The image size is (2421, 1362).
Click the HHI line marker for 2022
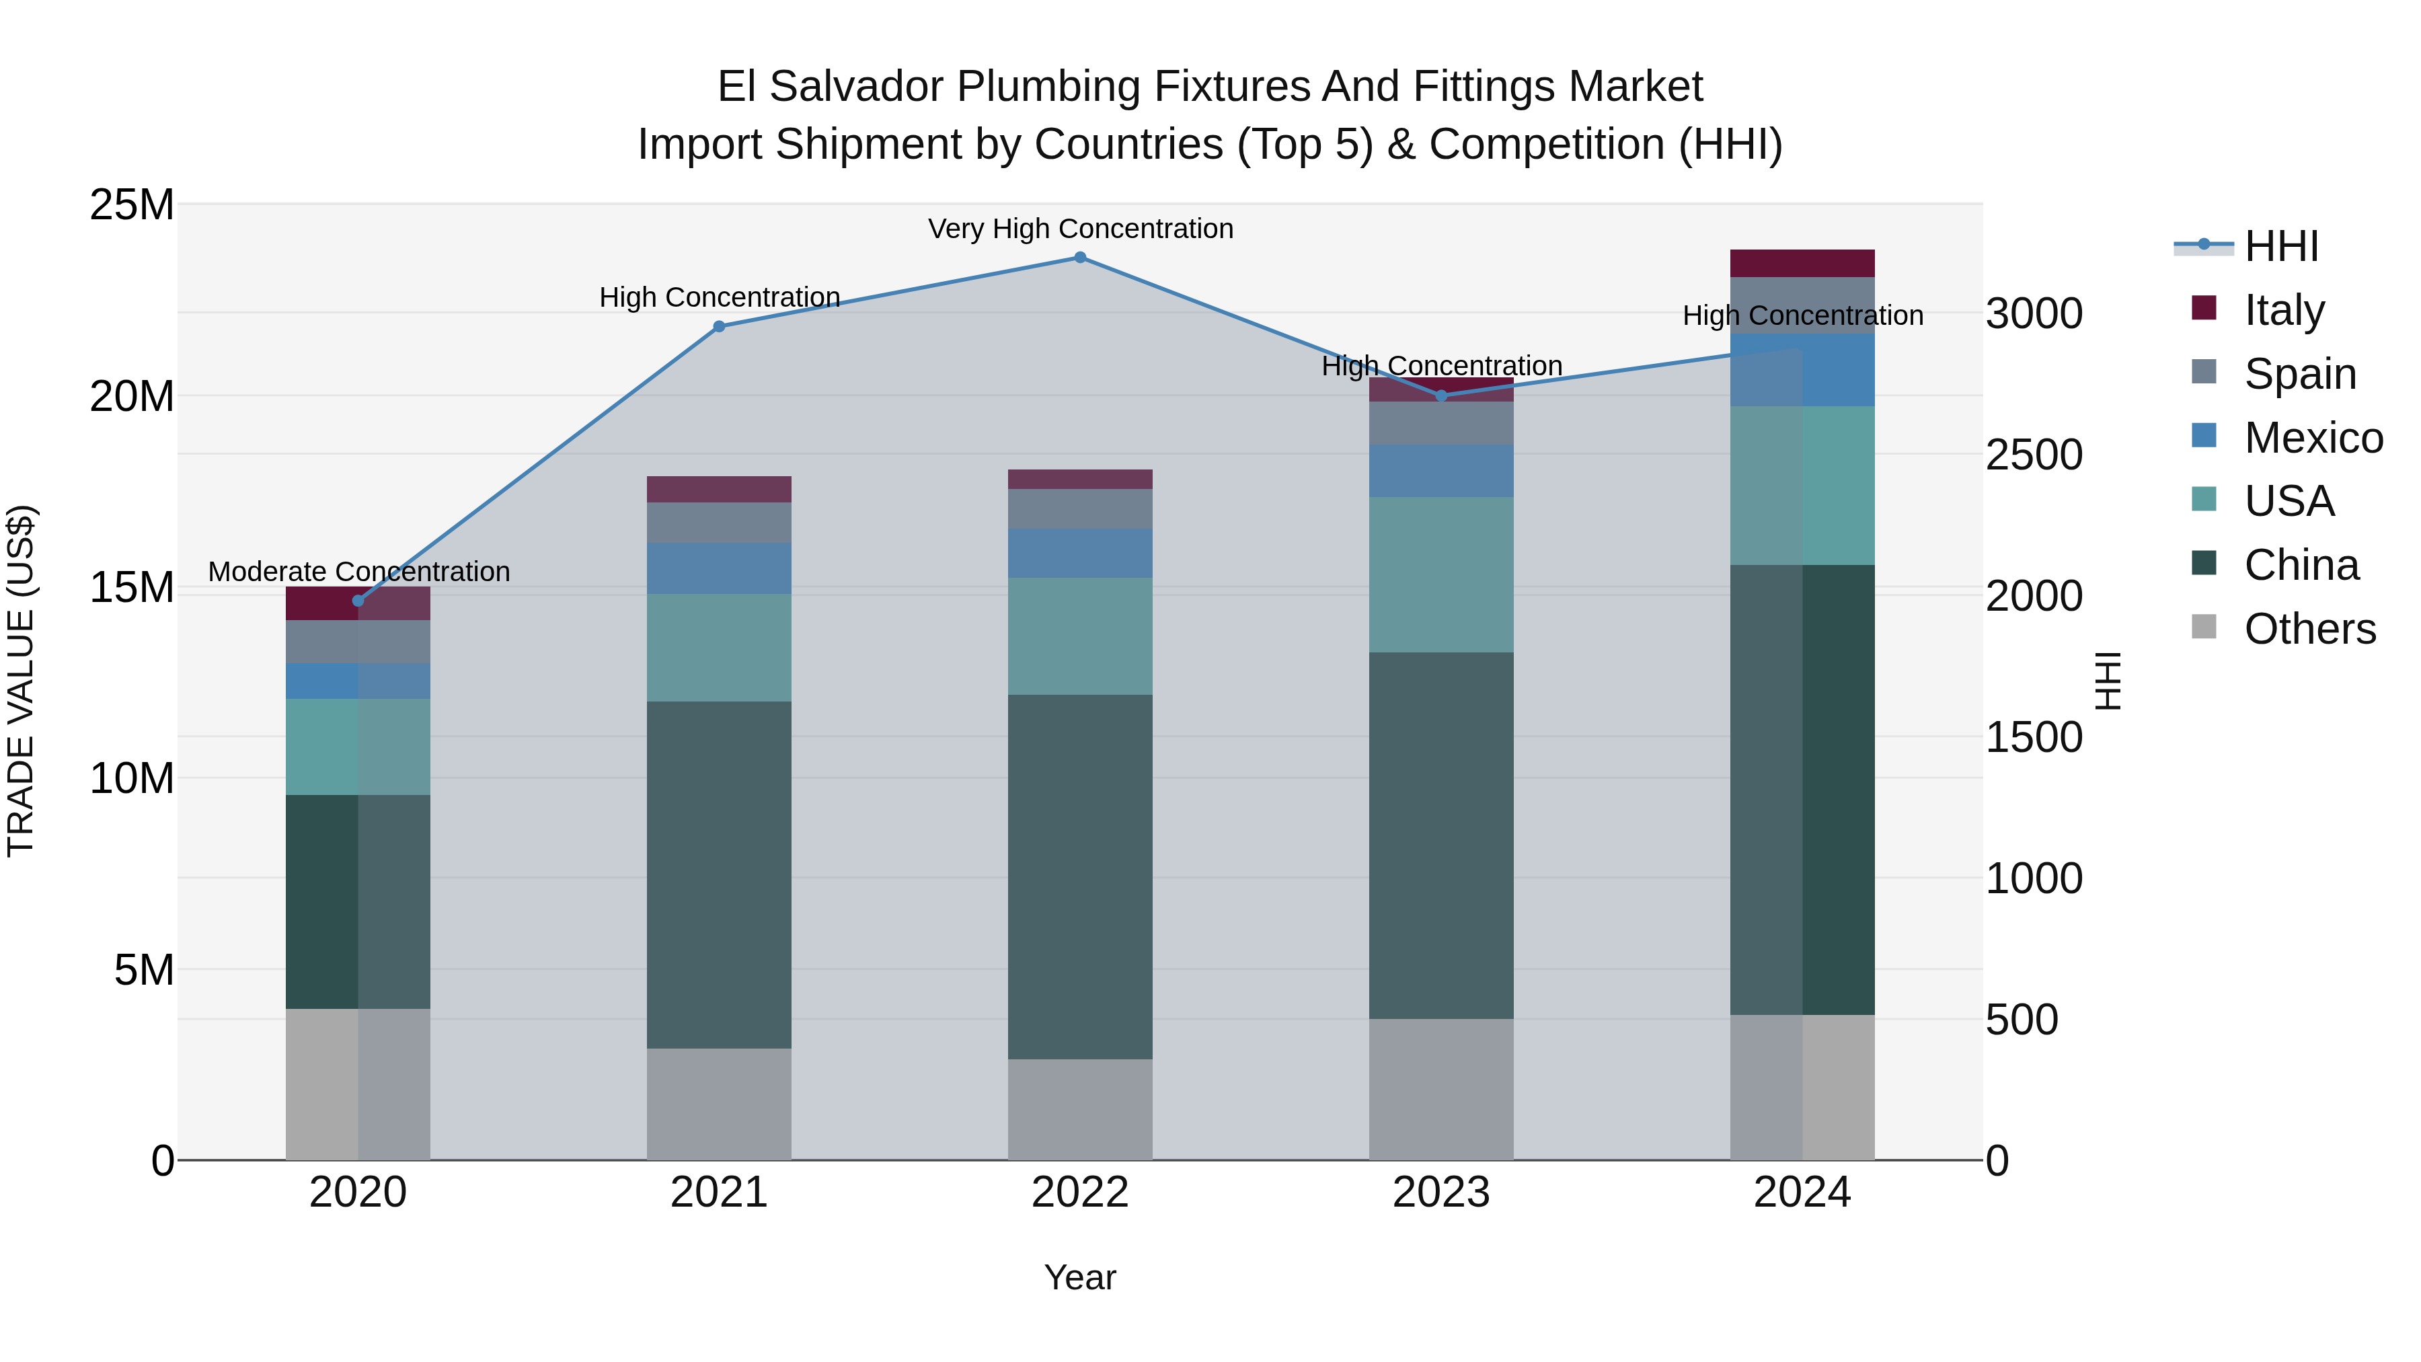(1080, 258)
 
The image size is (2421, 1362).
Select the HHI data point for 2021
(719, 326)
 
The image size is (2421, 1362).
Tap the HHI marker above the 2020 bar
(358, 601)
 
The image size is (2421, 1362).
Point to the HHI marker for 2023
(1442, 395)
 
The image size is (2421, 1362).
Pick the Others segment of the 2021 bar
(719, 1104)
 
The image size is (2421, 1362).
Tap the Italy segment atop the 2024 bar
(1802, 263)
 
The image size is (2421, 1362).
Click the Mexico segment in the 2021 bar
(719, 568)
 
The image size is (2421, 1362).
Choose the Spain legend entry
(2299, 373)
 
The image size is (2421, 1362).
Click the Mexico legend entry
(2312, 437)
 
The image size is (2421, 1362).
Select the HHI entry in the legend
(2280, 246)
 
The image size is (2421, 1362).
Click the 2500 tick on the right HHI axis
(2034, 455)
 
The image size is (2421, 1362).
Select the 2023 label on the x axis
(1440, 1193)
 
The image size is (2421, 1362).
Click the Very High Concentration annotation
(1080, 229)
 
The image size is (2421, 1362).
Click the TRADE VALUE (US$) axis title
(21, 681)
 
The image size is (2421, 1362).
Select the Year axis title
(1080, 1277)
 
